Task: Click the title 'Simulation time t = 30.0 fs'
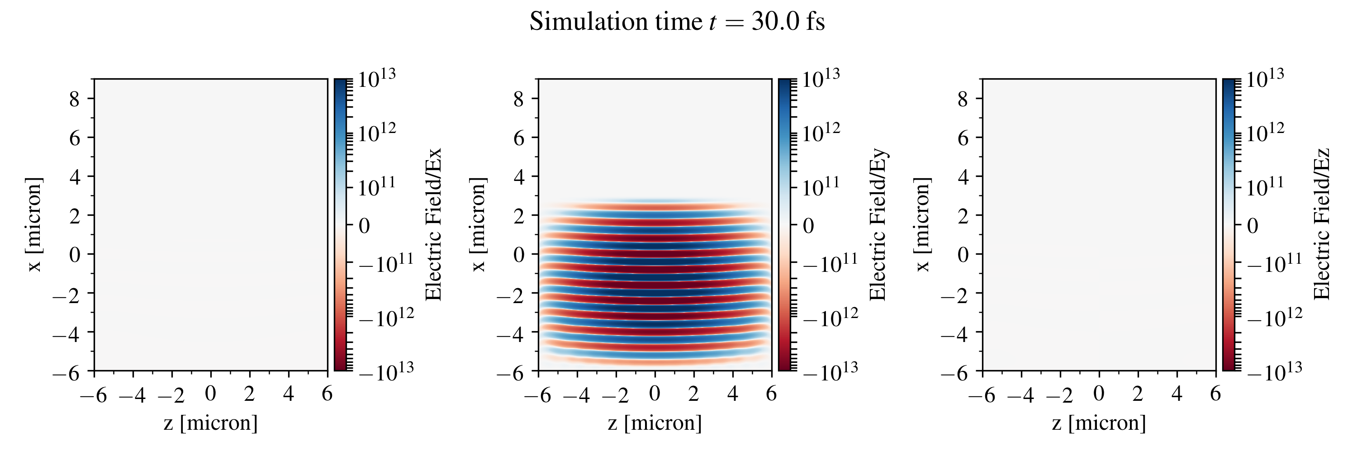pyautogui.click(x=677, y=22)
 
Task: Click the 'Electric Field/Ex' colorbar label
pyautogui.click(x=433, y=224)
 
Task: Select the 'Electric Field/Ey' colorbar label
pyautogui.click(x=878, y=224)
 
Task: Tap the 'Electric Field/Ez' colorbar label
pyautogui.click(x=1322, y=224)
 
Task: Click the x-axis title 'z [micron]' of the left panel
pyautogui.click(x=211, y=423)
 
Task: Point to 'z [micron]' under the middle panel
pyautogui.click(x=655, y=423)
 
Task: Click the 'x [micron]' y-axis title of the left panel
pyautogui.click(x=34, y=224)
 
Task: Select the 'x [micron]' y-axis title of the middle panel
pyautogui.click(x=478, y=224)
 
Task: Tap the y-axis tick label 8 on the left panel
pyautogui.click(x=74, y=99)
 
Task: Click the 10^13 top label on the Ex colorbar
pyautogui.click(x=377, y=79)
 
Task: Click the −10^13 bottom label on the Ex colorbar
pyautogui.click(x=386, y=371)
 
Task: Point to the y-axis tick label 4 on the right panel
pyautogui.click(x=963, y=177)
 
